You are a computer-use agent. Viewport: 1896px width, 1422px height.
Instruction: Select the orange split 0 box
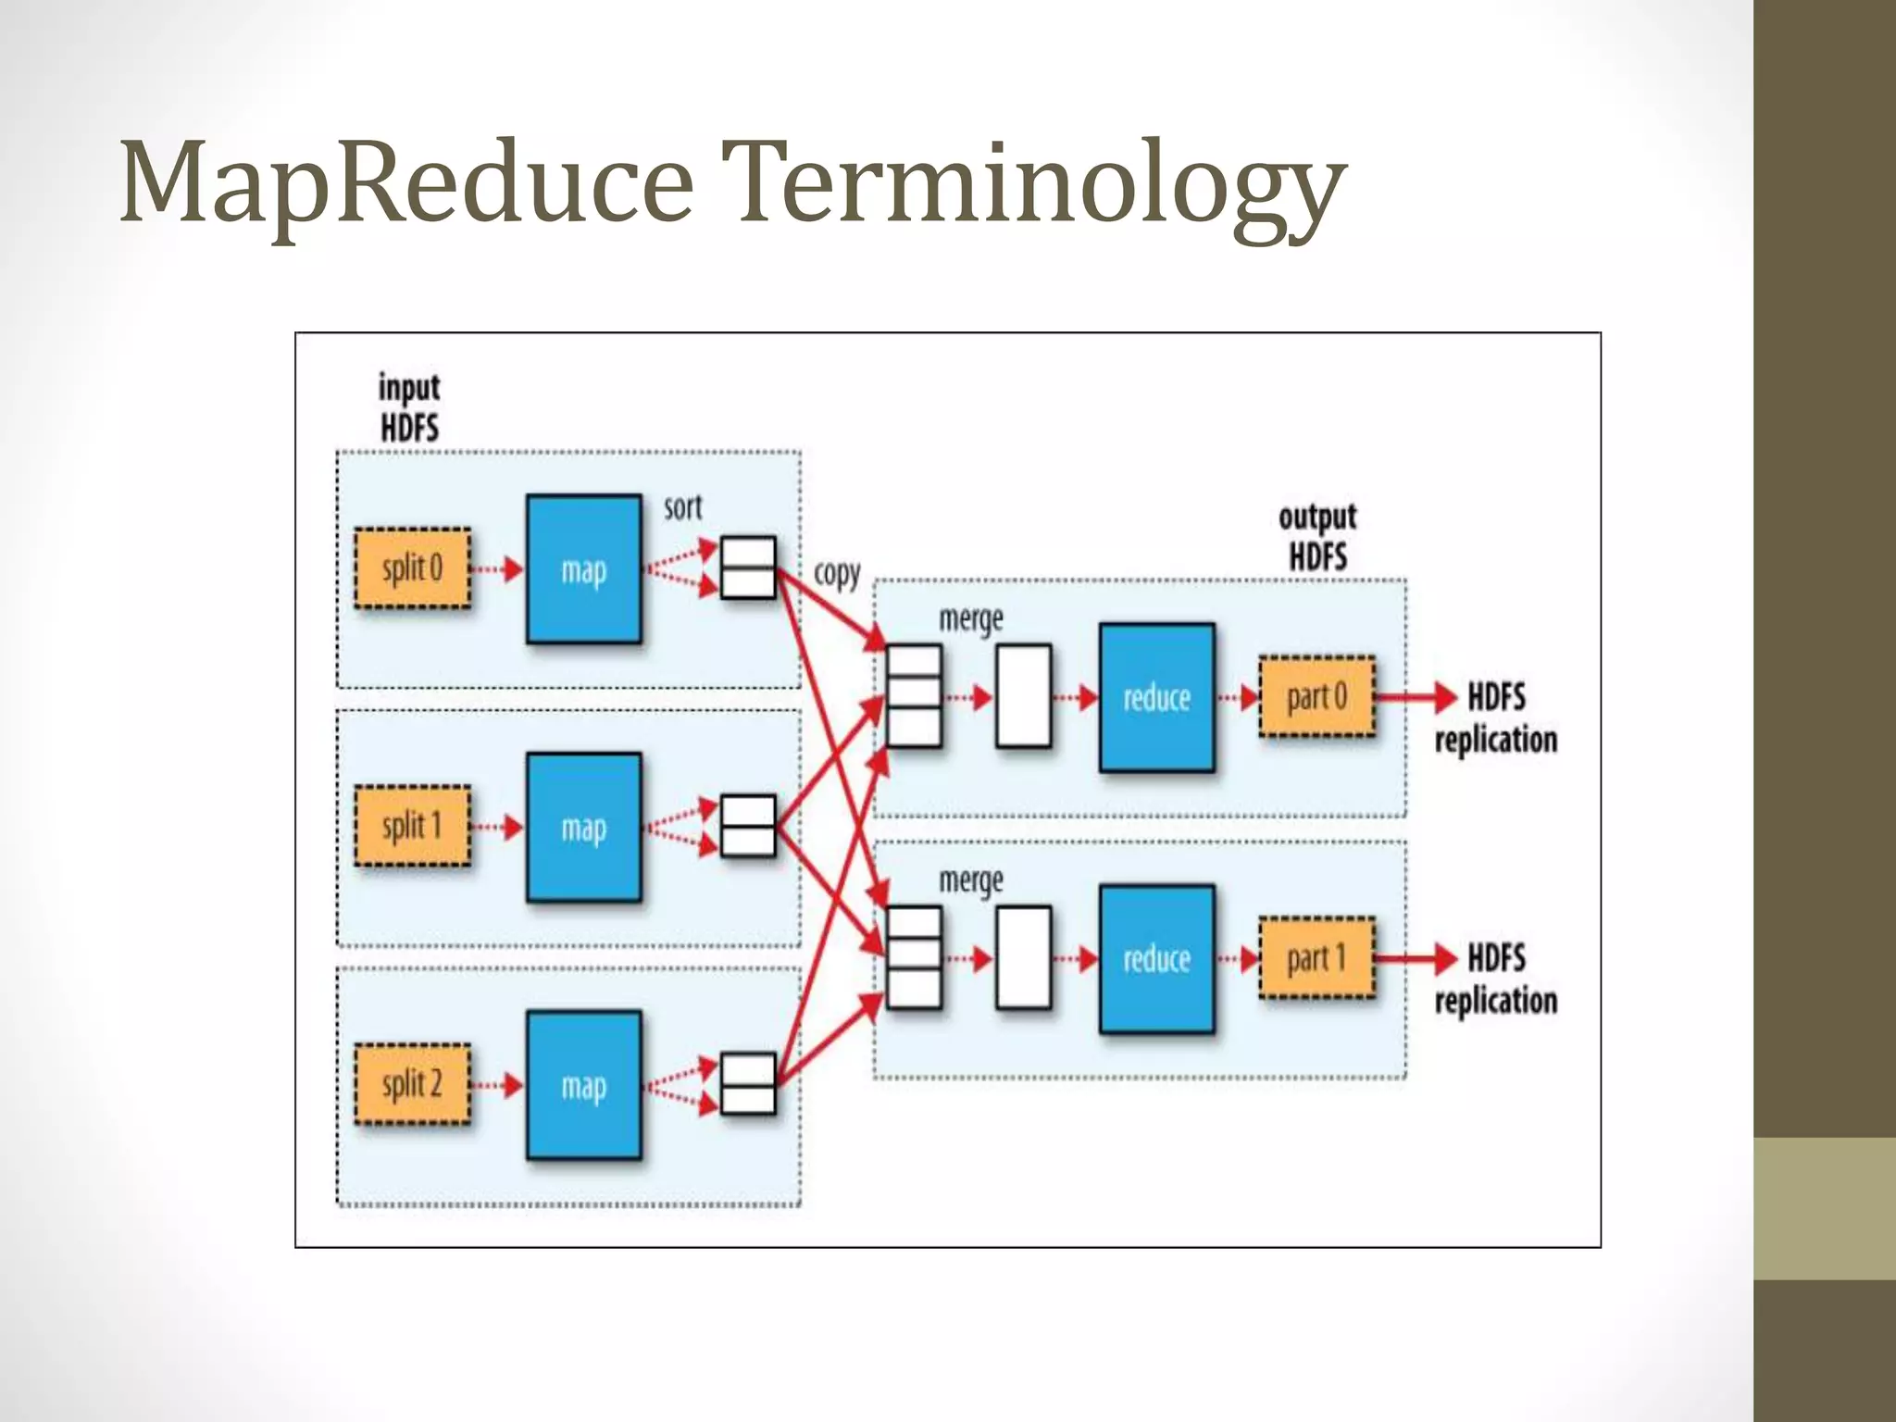pyautogui.click(x=413, y=568)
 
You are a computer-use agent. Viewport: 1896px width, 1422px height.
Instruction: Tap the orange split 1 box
pyautogui.click(x=413, y=826)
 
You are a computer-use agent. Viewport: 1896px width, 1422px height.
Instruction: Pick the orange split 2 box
pyautogui.click(x=413, y=1084)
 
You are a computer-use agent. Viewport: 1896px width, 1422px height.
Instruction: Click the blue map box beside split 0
pyautogui.click(x=583, y=569)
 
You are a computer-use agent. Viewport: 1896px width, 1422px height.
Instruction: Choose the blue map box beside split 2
pyautogui.click(x=583, y=1085)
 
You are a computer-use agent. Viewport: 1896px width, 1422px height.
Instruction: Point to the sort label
pyautogui.click(x=683, y=507)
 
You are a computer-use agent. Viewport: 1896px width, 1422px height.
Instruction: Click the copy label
pyautogui.click(x=837, y=574)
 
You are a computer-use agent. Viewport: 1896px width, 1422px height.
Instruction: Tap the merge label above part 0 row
pyautogui.click(x=970, y=618)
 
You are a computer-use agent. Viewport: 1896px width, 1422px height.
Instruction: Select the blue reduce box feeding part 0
pyautogui.click(x=1156, y=697)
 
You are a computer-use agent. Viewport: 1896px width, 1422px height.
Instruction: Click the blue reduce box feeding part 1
pyautogui.click(x=1156, y=959)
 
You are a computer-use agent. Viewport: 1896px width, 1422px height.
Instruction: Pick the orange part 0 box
pyautogui.click(x=1316, y=697)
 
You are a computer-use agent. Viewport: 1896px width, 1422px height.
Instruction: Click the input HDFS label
pyautogui.click(x=409, y=408)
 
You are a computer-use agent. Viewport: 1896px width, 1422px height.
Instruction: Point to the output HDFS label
pyautogui.click(x=1317, y=537)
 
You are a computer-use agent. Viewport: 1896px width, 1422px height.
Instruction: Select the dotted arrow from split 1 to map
pyautogui.click(x=497, y=827)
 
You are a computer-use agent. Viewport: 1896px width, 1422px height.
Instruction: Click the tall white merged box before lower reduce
pyautogui.click(x=1023, y=957)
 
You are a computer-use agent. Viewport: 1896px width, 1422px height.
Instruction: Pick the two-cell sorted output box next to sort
pyautogui.click(x=748, y=568)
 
